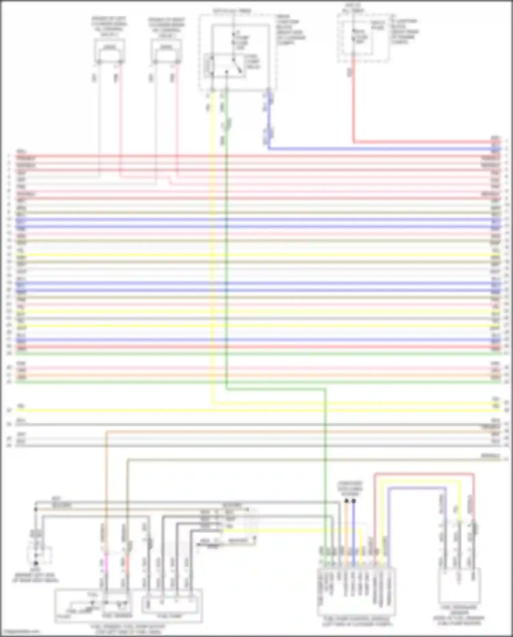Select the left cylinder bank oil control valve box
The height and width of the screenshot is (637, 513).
(109, 51)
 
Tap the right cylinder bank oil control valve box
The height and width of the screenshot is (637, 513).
(166, 51)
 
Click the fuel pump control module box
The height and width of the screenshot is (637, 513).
(357, 591)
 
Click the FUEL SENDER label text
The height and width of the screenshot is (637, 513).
(117, 616)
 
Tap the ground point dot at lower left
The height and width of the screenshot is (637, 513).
(36, 563)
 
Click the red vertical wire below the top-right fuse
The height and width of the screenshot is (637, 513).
(354, 103)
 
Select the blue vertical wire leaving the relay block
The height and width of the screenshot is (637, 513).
(269, 120)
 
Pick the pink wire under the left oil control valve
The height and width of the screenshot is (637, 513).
(120, 120)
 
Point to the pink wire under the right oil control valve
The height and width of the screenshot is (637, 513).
(176, 120)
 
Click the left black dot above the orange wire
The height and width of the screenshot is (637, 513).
(346, 501)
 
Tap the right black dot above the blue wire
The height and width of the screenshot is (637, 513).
(354, 501)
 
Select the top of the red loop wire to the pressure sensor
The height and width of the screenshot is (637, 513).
(424, 474)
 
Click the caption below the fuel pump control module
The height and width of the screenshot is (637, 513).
(357, 622)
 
